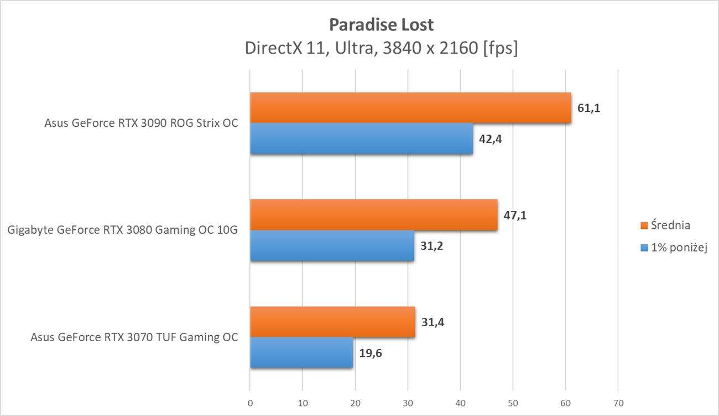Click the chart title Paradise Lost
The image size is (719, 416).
(381, 25)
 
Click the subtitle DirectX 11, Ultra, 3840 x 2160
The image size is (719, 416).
(381, 49)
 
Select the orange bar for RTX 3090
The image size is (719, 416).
(410, 107)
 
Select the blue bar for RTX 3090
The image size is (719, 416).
(361, 138)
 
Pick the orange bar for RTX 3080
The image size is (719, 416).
(373, 215)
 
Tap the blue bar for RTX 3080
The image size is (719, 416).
(332, 245)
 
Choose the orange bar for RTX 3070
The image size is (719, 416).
(332, 322)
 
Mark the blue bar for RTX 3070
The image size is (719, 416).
(301, 353)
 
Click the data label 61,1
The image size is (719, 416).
(588, 108)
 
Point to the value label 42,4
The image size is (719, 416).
(490, 138)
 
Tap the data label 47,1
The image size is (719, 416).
(515, 215)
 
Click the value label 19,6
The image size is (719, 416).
(370, 353)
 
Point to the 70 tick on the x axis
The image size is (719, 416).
(618, 403)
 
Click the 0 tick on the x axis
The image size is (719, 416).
(250, 403)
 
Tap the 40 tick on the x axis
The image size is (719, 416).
(460, 403)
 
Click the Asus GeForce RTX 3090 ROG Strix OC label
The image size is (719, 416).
(141, 123)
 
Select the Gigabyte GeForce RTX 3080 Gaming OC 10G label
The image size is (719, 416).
(123, 230)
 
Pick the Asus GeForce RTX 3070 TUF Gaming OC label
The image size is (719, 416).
(134, 337)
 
